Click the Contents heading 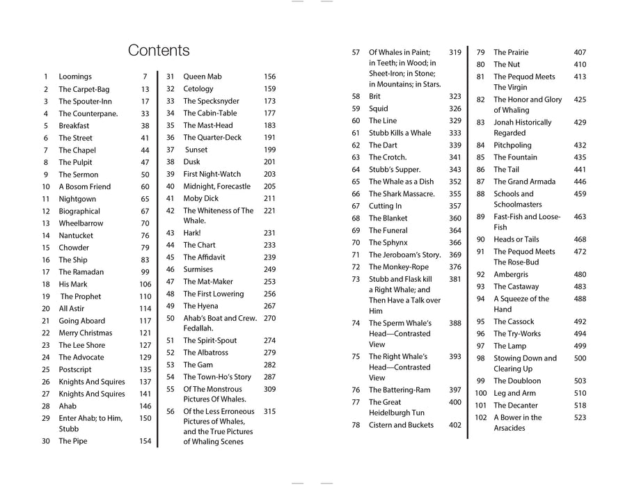(x=159, y=50)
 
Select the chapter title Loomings (x=75, y=77)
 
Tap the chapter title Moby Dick (x=200, y=198)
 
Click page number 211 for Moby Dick (x=269, y=198)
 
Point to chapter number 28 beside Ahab (x=46, y=406)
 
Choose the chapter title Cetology (x=198, y=89)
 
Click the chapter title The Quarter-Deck (x=212, y=138)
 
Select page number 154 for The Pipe (x=145, y=441)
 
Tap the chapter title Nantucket (x=76, y=236)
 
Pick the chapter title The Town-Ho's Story (x=217, y=377)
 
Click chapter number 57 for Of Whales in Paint (x=356, y=52)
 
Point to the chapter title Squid (x=379, y=109)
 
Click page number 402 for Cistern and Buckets (x=455, y=425)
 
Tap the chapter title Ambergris (x=511, y=275)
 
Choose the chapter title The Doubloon (x=517, y=381)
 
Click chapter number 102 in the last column (x=480, y=417)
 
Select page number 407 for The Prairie (x=580, y=52)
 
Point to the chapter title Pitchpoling (x=512, y=145)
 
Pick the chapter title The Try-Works (x=517, y=334)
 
